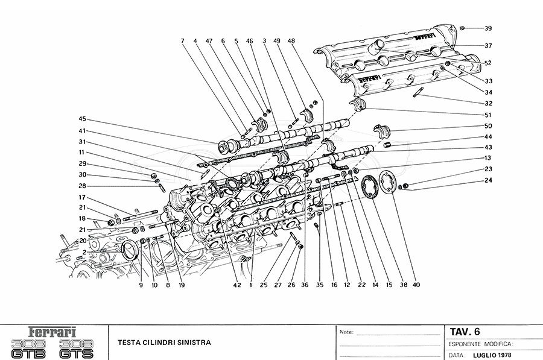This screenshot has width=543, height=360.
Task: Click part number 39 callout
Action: tap(488, 28)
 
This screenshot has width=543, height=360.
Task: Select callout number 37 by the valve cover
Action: tap(488, 45)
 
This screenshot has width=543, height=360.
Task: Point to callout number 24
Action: tap(488, 181)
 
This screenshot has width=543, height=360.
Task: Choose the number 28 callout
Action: tap(83, 186)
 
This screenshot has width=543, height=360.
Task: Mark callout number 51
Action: tap(488, 115)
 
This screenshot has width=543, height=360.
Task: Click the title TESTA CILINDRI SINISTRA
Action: tap(164, 343)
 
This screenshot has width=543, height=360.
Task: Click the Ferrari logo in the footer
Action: tap(53, 332)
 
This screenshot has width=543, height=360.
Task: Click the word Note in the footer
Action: tap(346, 332)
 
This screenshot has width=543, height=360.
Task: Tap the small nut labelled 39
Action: tap(462, 28)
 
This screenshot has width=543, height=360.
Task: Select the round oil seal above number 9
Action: tap(130, 250)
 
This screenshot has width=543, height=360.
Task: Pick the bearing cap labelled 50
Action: tap(382, 131)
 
